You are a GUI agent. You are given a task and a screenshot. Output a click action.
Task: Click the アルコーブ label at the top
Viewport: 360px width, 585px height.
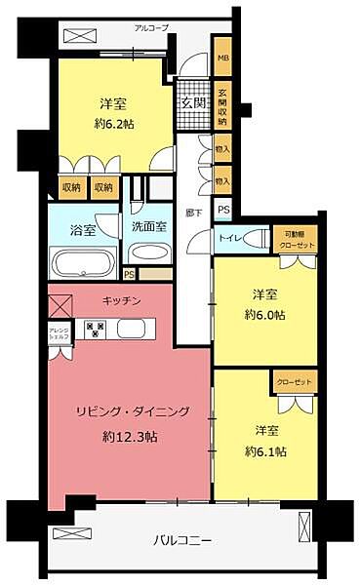[x=151, y=29]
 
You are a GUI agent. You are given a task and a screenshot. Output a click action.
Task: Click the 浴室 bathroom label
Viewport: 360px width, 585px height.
[x=83, y=231]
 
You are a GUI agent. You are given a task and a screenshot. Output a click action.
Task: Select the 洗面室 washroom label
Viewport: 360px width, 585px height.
[x=149, y=226]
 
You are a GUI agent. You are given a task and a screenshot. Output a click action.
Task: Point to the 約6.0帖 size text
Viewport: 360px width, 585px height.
[x=264, y=314]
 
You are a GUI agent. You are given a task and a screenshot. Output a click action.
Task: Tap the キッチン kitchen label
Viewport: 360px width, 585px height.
[x=127, y=301]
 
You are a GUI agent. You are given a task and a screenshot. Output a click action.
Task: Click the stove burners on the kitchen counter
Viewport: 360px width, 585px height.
[x=96, y=328]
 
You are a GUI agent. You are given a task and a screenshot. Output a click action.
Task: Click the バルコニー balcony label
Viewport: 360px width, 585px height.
[x=181, y=538]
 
